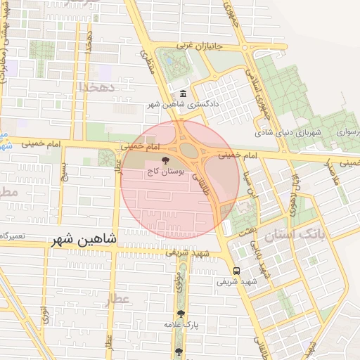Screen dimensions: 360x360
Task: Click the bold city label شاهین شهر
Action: tap(82, 240)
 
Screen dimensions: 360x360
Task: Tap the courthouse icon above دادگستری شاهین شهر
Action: tap(183, 94)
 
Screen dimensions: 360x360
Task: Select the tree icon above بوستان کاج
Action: tap(166, 160)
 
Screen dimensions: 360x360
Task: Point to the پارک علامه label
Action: tap(182, 325)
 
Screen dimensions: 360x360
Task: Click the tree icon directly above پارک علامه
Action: tap(181, 314)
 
